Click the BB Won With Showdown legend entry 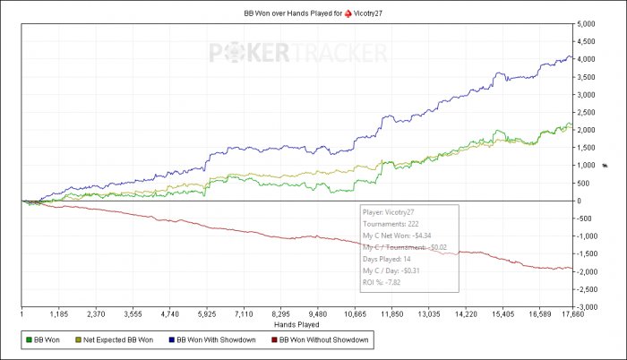pos(215,340)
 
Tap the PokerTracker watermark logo pos(296,54)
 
